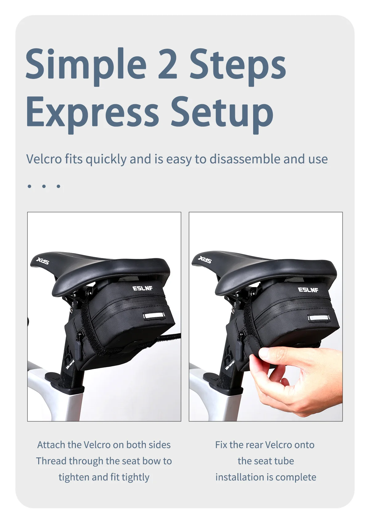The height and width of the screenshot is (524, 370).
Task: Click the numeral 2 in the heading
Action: (167, 63)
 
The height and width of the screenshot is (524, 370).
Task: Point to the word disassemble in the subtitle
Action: (245, 159)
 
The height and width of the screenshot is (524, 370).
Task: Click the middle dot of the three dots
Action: (44, 186)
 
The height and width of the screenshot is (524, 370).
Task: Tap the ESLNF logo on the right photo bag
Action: (308, 290)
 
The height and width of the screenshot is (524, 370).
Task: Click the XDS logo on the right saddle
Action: (205, 260)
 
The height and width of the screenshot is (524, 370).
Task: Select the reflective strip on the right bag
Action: (319, 318)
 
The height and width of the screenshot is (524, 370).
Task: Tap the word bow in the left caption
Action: (151, 461)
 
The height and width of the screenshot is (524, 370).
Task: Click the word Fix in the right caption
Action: (221, 445)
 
